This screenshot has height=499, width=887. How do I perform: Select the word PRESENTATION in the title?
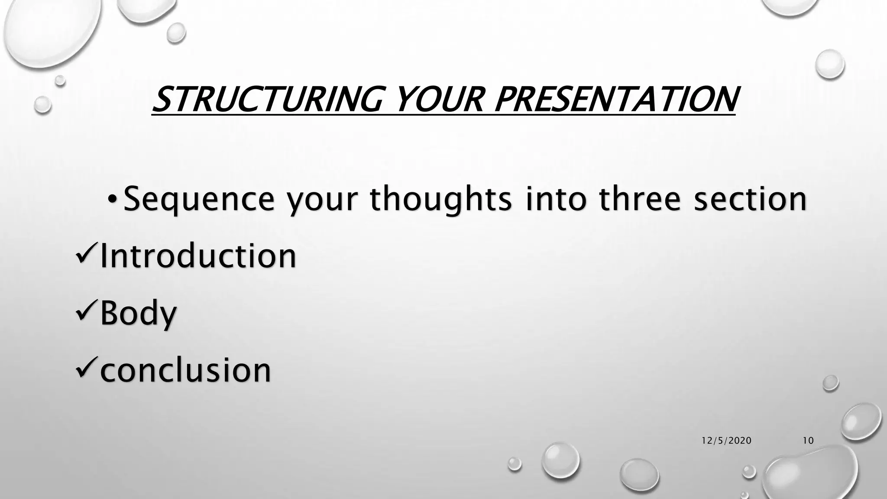pos(615,99)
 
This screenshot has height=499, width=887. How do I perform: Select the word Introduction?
pos(198,256)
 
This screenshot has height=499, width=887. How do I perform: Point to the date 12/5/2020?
pos(726,441)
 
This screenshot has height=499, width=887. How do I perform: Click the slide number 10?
pos(808,441)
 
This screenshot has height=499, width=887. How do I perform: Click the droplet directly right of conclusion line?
pos(830,383)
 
